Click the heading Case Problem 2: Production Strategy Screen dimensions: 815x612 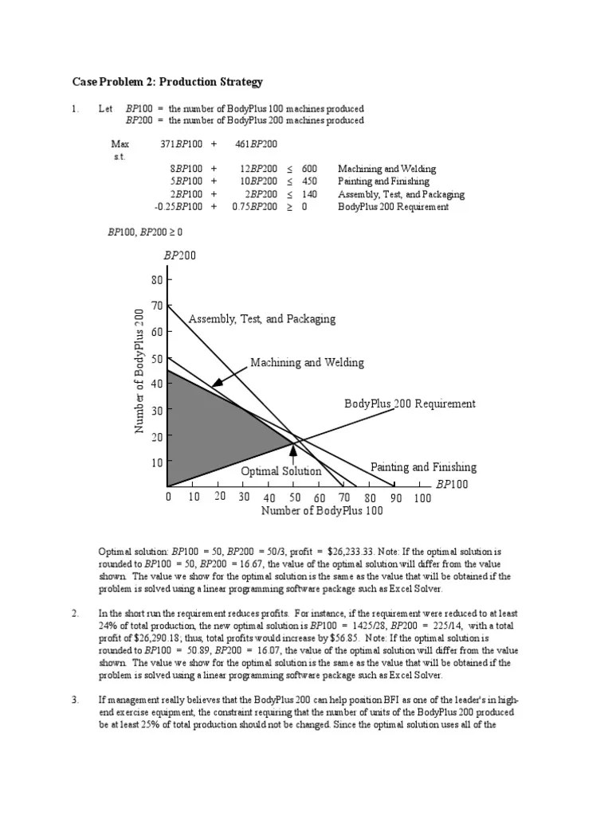167,82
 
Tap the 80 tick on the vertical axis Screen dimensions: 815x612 155,280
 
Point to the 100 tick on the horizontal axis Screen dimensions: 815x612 422,498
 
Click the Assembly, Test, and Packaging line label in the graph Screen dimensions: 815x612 261,319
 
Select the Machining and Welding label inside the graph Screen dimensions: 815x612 307,363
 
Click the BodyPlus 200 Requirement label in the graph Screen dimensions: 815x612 410,404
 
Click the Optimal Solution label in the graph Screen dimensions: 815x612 281,471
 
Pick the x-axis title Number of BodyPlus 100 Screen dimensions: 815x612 322,511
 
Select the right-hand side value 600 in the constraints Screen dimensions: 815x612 310,170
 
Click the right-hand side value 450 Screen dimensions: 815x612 310,181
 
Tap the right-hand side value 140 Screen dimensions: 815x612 310,194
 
